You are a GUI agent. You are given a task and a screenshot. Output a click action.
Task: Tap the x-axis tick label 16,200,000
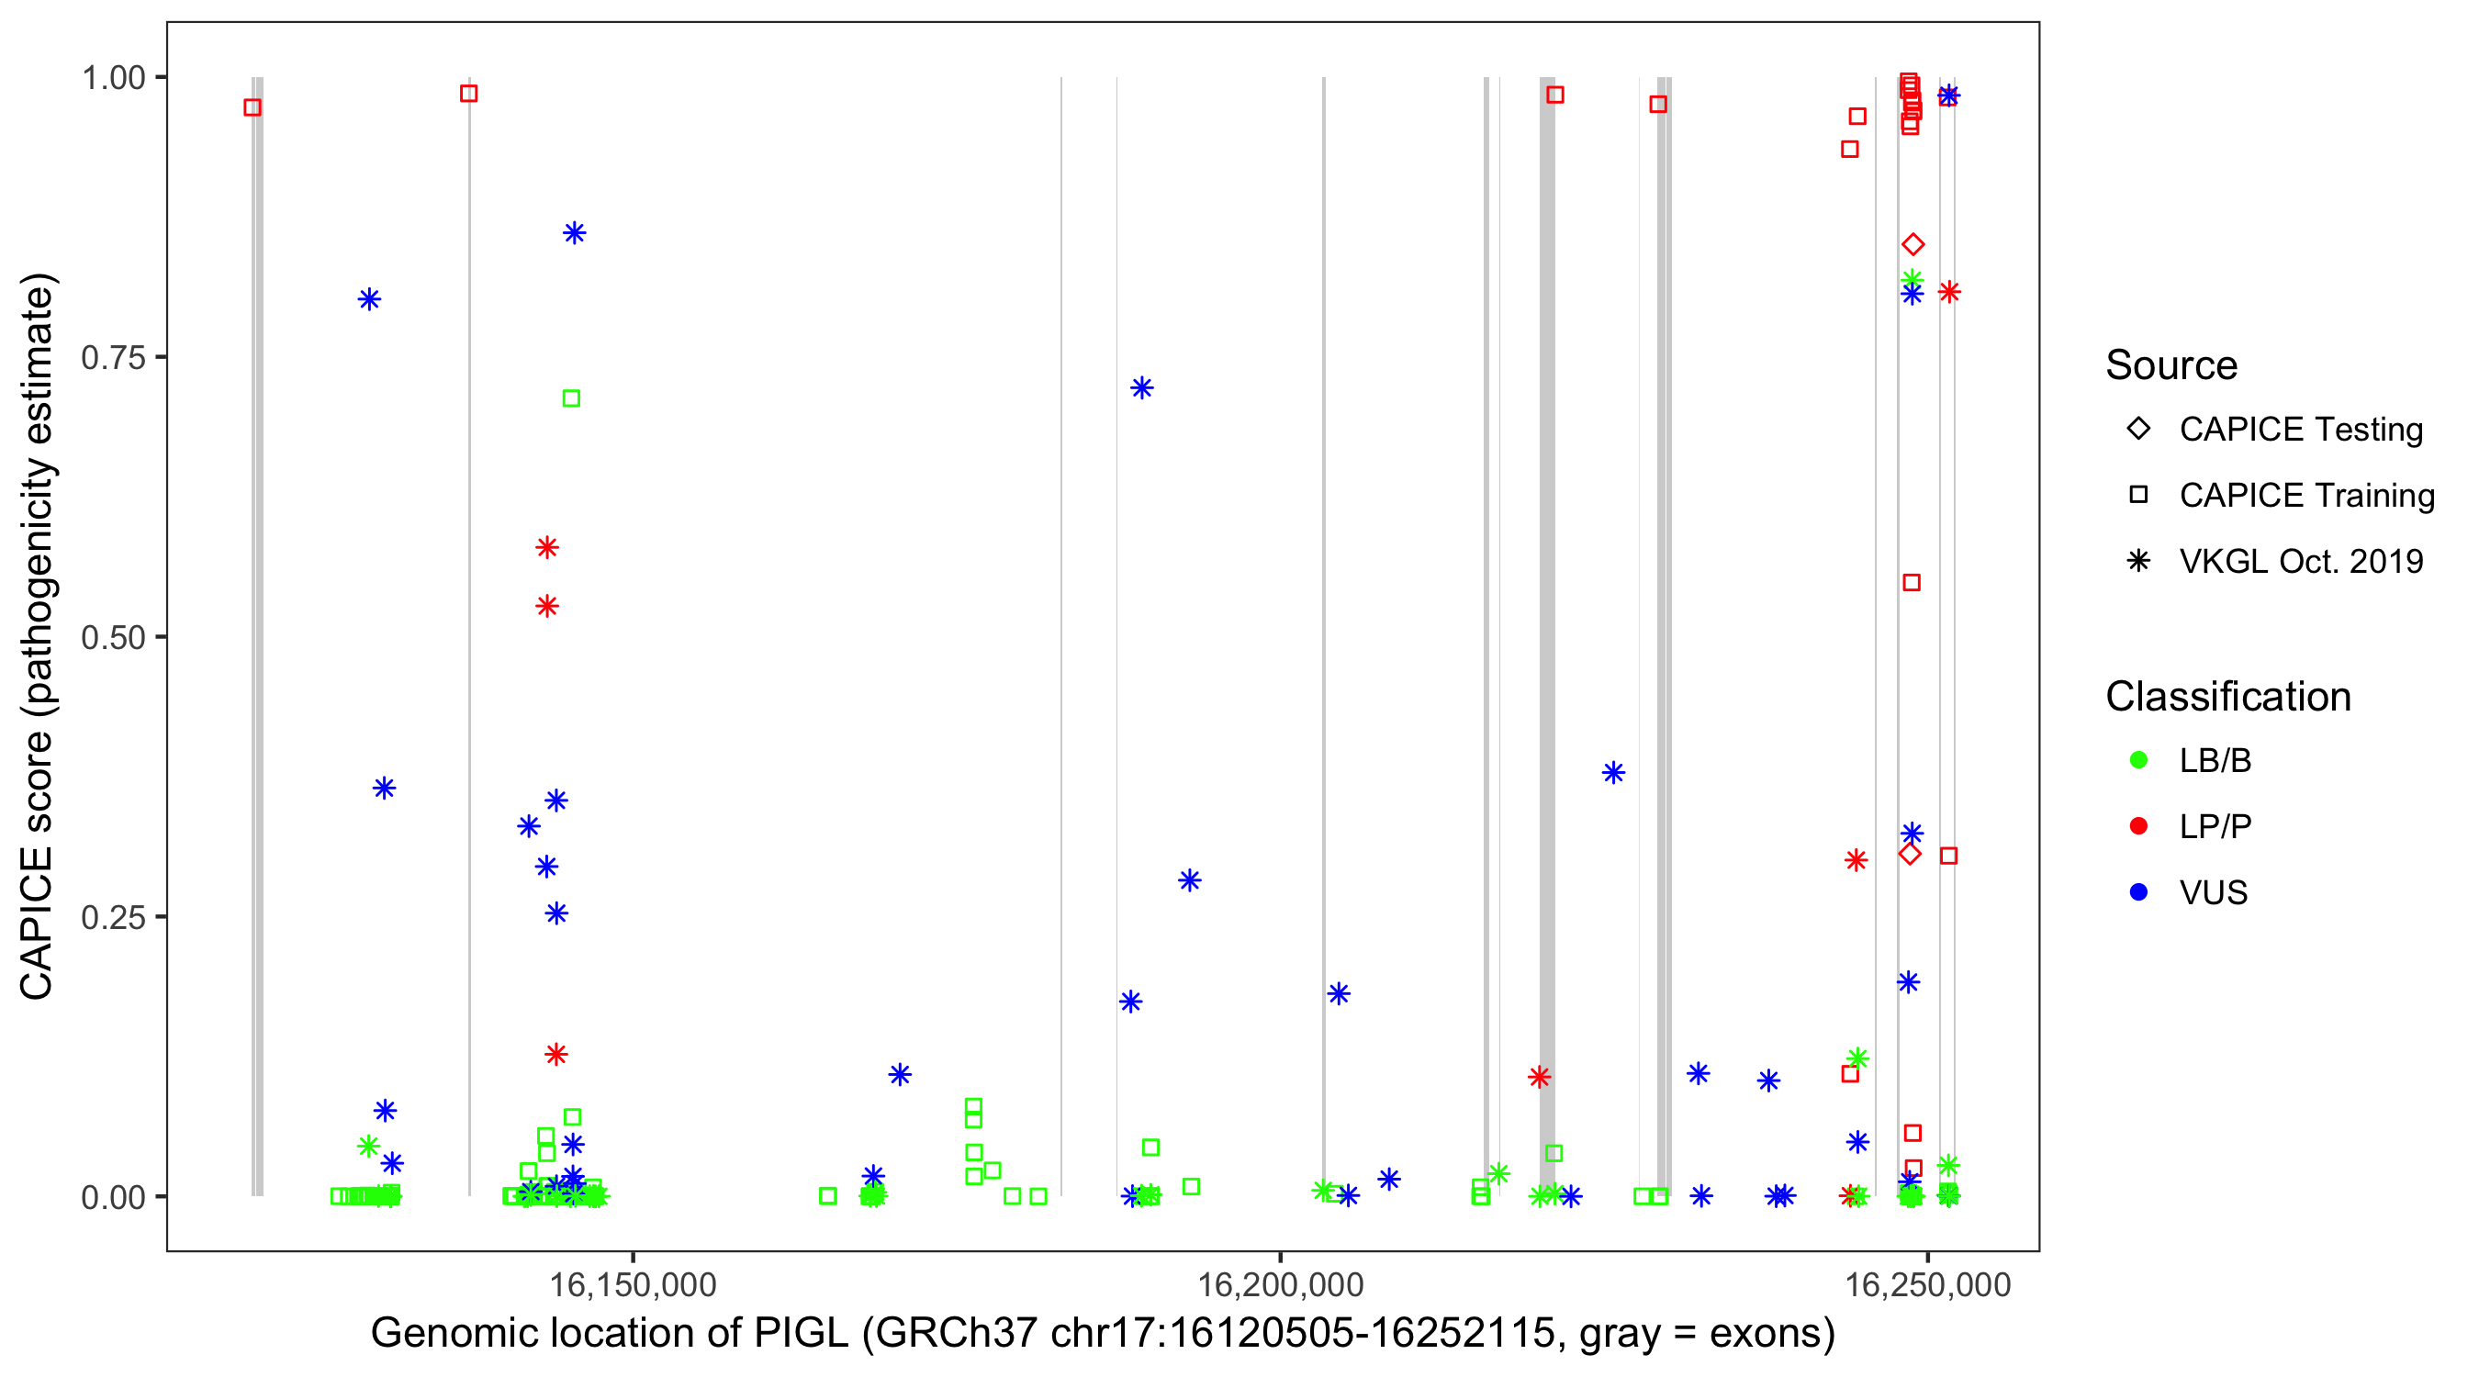1280,1285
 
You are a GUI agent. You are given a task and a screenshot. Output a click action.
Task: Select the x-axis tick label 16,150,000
633,1285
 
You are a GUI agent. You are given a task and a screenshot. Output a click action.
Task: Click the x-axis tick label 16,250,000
1927,1285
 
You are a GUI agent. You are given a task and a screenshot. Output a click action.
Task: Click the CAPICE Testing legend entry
2300,430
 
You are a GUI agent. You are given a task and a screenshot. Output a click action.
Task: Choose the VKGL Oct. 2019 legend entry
2300,561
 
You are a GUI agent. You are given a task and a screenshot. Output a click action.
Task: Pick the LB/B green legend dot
2139,760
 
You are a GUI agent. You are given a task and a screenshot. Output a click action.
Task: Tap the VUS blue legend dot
2139,892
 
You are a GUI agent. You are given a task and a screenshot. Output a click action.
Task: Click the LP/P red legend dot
2139,826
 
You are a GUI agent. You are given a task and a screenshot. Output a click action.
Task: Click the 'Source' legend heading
2171,365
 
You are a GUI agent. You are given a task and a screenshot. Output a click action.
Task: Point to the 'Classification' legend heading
2227,697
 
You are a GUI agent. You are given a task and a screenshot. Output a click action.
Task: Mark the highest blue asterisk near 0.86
575,233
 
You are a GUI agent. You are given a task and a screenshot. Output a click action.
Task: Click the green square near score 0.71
572,398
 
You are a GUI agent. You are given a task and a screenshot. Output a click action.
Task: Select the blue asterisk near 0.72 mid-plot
1142,387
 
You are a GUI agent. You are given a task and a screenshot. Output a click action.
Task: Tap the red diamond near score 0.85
1913,244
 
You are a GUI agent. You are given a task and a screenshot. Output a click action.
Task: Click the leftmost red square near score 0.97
252,107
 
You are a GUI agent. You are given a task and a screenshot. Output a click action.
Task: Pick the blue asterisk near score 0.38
1614,773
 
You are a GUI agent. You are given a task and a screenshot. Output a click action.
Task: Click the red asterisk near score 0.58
546,547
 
